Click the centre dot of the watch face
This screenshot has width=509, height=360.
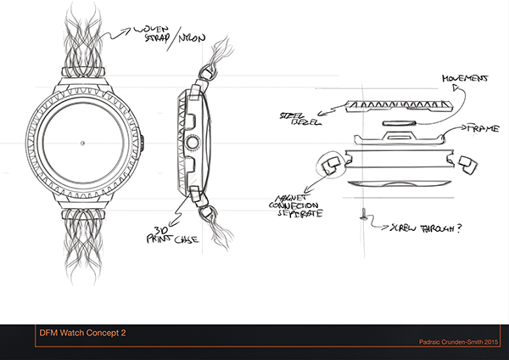click(81, 143)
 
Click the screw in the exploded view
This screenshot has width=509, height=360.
click(364, 217)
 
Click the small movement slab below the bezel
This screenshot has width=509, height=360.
click(399, 122)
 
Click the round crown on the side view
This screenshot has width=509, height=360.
click(191, 142)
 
